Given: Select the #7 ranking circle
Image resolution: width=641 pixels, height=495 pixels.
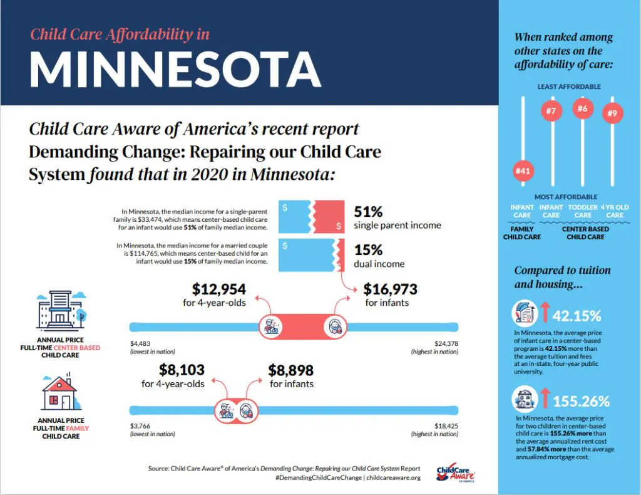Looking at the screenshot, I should coord(551,112).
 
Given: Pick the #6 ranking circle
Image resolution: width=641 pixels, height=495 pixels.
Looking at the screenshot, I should coord(582,108).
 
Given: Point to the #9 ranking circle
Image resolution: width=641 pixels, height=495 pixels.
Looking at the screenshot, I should coord(612,114).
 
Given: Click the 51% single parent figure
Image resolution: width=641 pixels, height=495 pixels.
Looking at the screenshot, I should coord(369,212).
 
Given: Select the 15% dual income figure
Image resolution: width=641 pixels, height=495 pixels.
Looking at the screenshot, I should coord(369,250).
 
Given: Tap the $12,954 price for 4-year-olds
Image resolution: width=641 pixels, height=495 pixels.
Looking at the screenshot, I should coord(219,289).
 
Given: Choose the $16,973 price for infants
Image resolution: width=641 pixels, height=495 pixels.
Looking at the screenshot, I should coord(391,289).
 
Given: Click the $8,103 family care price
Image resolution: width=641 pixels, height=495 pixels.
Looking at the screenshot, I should coord(182,370).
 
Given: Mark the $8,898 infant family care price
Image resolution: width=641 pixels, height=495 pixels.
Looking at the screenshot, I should coord(291,370).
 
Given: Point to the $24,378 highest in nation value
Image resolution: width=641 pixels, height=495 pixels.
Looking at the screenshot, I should coord(446,343).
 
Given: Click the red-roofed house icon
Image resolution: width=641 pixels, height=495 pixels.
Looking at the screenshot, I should coord(59,393).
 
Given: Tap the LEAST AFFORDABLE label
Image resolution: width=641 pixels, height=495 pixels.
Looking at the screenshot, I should coord(568,86).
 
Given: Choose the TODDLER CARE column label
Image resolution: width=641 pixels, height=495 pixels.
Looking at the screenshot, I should coord(583,211).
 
